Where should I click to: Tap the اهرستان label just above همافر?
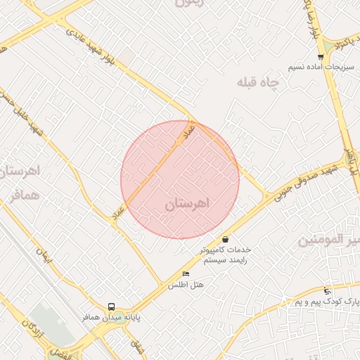20,171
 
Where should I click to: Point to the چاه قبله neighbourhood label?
258,83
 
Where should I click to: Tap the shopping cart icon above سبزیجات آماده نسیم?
321,57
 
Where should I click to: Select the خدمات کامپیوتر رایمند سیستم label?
225,255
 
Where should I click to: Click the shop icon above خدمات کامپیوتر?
225,239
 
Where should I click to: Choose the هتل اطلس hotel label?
186,285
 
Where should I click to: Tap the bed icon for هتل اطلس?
186,274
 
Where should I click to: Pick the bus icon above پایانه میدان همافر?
111,307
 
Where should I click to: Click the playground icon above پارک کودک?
327,290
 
